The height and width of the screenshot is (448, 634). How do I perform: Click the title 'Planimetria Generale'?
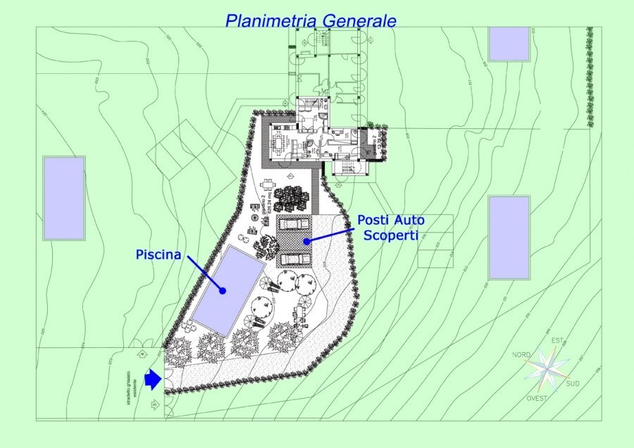[310, 20]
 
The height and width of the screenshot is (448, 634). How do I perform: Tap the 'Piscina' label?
[158, 254]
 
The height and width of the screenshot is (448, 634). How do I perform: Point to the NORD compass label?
[521, 354]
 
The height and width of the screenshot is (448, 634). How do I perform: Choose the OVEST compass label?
[537, 398]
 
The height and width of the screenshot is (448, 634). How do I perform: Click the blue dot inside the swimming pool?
[222, 290]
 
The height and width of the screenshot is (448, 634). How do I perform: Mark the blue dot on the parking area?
[306, 242]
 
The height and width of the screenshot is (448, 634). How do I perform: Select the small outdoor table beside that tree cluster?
[266, 187]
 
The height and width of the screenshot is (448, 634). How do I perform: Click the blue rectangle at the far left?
[64, 198]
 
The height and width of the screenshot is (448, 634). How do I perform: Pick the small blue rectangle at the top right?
[509, 44]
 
